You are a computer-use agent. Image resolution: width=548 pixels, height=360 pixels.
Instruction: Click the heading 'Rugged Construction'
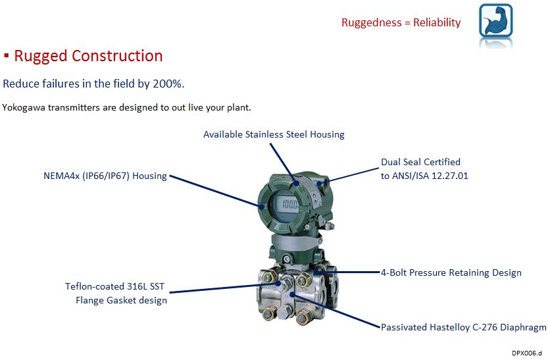(x=88, y=56)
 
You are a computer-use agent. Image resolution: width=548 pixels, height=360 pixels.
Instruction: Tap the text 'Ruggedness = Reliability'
(x=401, y=22)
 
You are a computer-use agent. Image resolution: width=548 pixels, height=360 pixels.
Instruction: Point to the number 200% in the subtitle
(x=170, y=84)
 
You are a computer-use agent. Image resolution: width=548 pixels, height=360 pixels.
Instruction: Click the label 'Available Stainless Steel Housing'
(x=274, y=134)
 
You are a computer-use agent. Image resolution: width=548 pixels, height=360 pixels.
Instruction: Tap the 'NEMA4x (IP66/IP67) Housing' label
(x=104, y=176)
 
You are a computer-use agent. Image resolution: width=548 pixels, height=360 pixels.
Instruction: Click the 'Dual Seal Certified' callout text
(x=420, y=162)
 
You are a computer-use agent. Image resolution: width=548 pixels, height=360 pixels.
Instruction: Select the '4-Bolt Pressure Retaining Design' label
(x=451, y=272)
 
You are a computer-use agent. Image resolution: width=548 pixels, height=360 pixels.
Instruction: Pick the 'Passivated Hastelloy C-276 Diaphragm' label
(x=464, y=326)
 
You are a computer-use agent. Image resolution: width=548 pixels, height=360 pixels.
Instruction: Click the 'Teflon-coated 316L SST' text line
(x=116, y=286)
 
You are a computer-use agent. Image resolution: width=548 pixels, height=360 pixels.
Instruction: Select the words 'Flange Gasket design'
(x=121, y=300)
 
